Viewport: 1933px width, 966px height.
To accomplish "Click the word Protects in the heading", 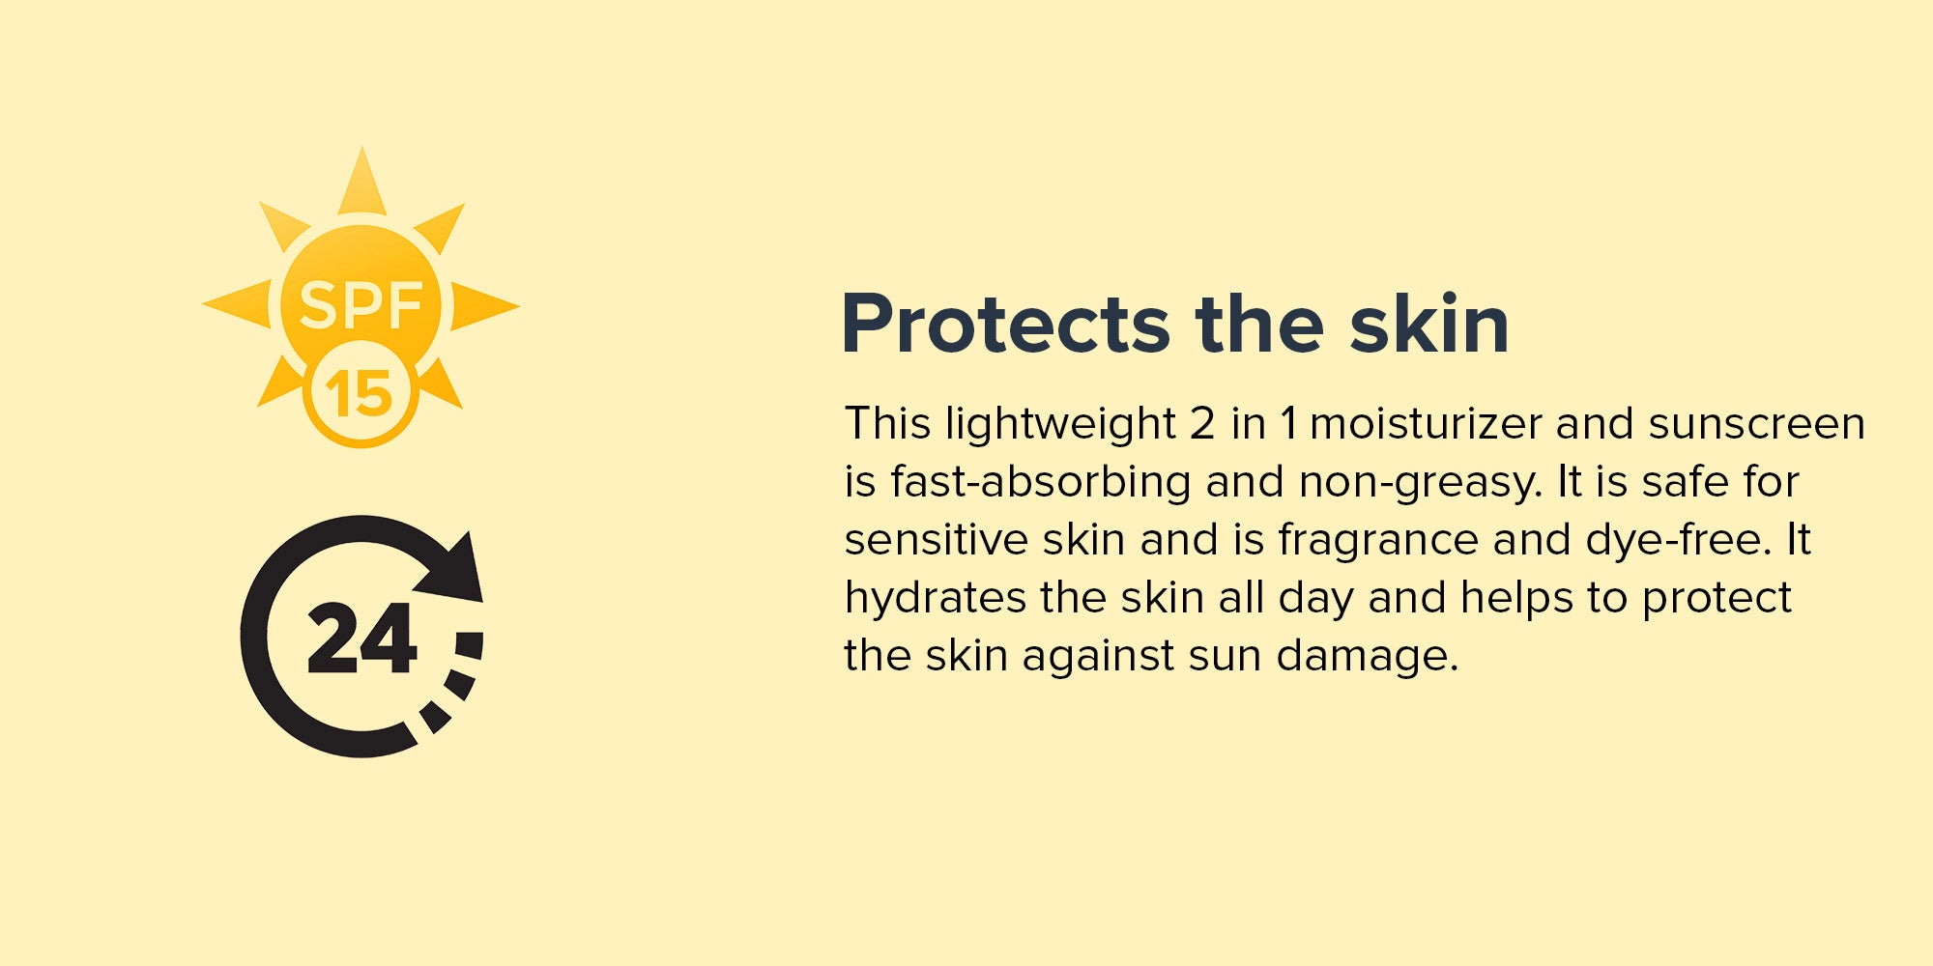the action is tap(1006, 324).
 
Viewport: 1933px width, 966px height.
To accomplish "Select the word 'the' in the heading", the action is tap(1259, 324).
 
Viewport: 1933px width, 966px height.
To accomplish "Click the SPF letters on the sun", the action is tap(361, 306).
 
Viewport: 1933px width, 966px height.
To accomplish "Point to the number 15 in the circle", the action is tap(359, 394).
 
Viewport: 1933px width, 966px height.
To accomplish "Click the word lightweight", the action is tap(1059, 425).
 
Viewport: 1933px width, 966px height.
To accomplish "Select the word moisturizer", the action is tap(1425, 423).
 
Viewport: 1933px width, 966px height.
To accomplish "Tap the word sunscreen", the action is tap(1756, 424).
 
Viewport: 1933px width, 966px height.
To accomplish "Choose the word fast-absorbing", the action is tap(1041, 482).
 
